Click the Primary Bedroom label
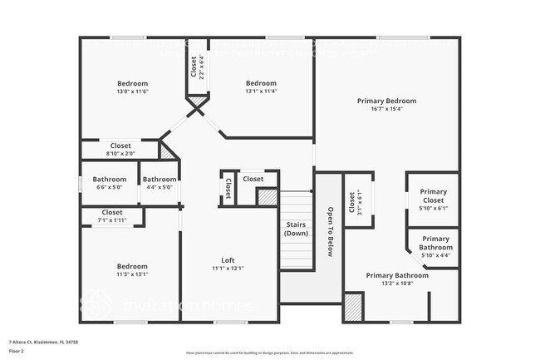click(386, 101)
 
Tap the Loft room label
click(228, 259)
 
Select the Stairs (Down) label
click(296, 229)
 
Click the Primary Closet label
click(432, 195)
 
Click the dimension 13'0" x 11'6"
click(132, 92)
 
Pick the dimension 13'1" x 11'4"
click(260, 92)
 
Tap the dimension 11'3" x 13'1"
click(132, 274)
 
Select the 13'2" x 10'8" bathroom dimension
click(397, 284)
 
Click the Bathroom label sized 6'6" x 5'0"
click(110, 179)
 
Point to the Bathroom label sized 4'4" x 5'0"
click(159, 179)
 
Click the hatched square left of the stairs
click(267, 197)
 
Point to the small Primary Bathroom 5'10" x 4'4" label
click(434, 243)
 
